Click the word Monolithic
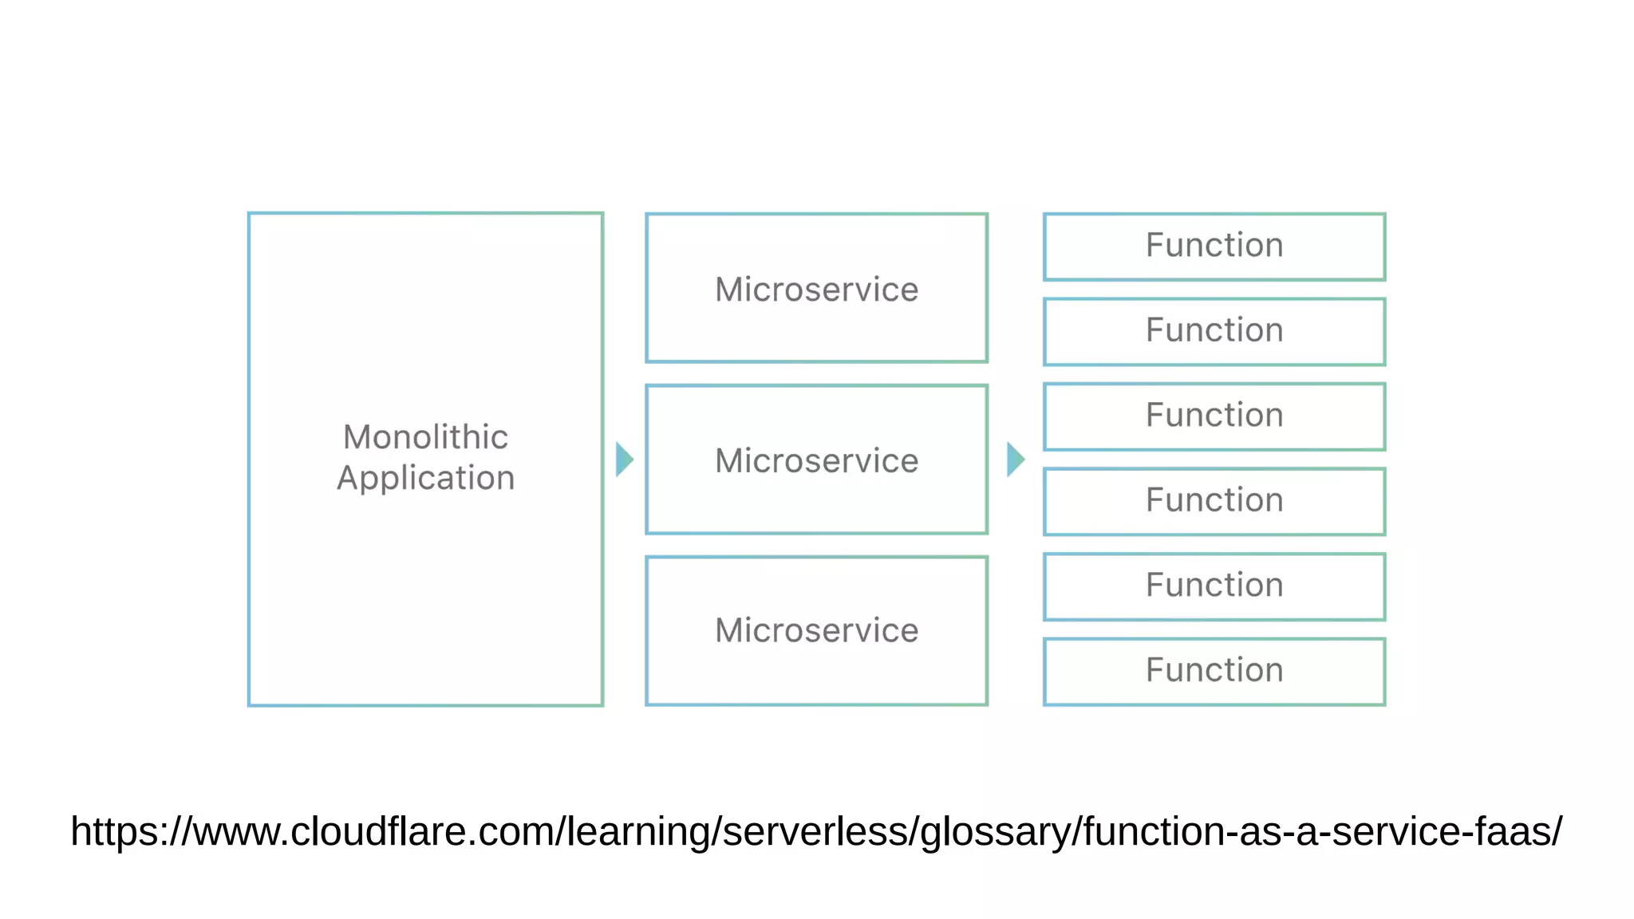pyautogui.click(x=425, y=437)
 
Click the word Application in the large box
pyautogui.click(x=425, y=479)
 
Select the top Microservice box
pyautogui.click(x=816, y=288)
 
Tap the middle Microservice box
pyautogui.click(x=816, y=459)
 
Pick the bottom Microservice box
pyautogui.click(x=816, y=630)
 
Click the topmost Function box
pyautogui.click(x=1214, y=246)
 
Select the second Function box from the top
pyautogui.click(x=1214, y=331)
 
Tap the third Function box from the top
pyautogui.click(x=1214, y=416)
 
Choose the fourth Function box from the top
pyautogui.click(x=1214, y=501)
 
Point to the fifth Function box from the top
pyautogui.click(x=1214, y=586)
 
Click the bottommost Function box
pyautogui.click(x=1214, y=671)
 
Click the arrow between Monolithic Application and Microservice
pyautogui.click(x=624, y=459)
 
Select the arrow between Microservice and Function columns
pyautogui.click(x=1015, y=459)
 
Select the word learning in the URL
pyautogui.click(x=639, y=831)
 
